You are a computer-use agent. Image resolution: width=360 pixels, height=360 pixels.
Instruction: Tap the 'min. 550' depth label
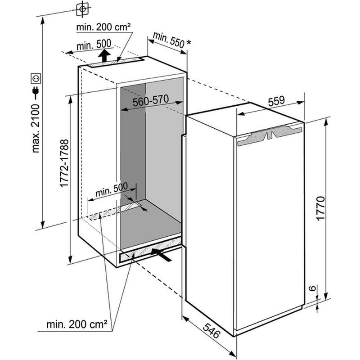[169, 40]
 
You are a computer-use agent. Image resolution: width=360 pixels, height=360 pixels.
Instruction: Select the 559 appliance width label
[276, 101]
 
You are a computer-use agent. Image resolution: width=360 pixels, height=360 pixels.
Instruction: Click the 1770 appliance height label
[320, 208]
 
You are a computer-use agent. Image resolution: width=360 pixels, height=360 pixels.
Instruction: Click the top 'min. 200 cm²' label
[103, 27]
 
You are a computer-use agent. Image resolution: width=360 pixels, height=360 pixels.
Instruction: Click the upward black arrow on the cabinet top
[103, 56]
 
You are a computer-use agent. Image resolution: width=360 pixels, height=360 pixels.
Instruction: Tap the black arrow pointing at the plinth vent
[162, 256]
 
